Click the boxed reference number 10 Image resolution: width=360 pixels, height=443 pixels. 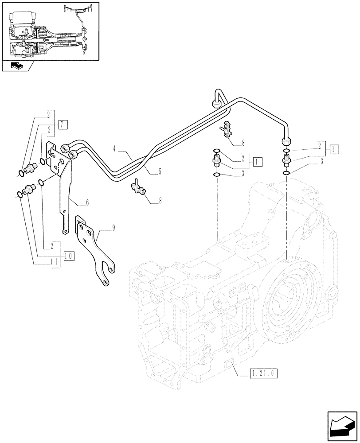coord(69,255)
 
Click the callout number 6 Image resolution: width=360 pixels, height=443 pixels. coord(87,202)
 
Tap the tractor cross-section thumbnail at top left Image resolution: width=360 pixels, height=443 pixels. coord(50,31)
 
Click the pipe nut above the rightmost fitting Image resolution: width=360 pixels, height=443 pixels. coord(286,141)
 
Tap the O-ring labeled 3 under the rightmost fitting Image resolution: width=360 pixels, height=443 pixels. coord(286,173)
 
